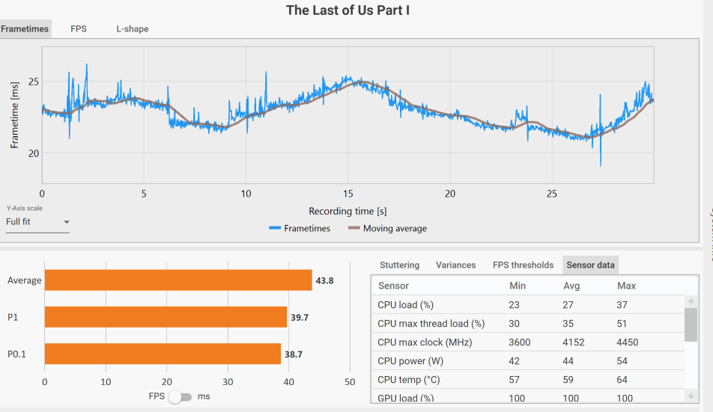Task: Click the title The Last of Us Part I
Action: point(348,10)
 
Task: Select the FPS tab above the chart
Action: point(79,29)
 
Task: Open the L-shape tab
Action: point(132,29)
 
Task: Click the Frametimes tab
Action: point(25,29)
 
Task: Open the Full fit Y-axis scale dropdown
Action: point(37,222)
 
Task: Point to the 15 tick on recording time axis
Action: point(348,194)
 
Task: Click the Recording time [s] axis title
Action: point(348,212)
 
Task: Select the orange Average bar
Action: point(178,280)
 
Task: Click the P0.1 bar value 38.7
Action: point(294,354)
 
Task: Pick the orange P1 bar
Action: point(166,317)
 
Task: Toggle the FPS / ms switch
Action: point(180,396)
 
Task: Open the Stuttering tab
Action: point(399,265)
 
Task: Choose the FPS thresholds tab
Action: point(523,265)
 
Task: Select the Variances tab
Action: point(455,265)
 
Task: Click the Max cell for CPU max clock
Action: point(628,342)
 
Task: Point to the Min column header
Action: point(517,286)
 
